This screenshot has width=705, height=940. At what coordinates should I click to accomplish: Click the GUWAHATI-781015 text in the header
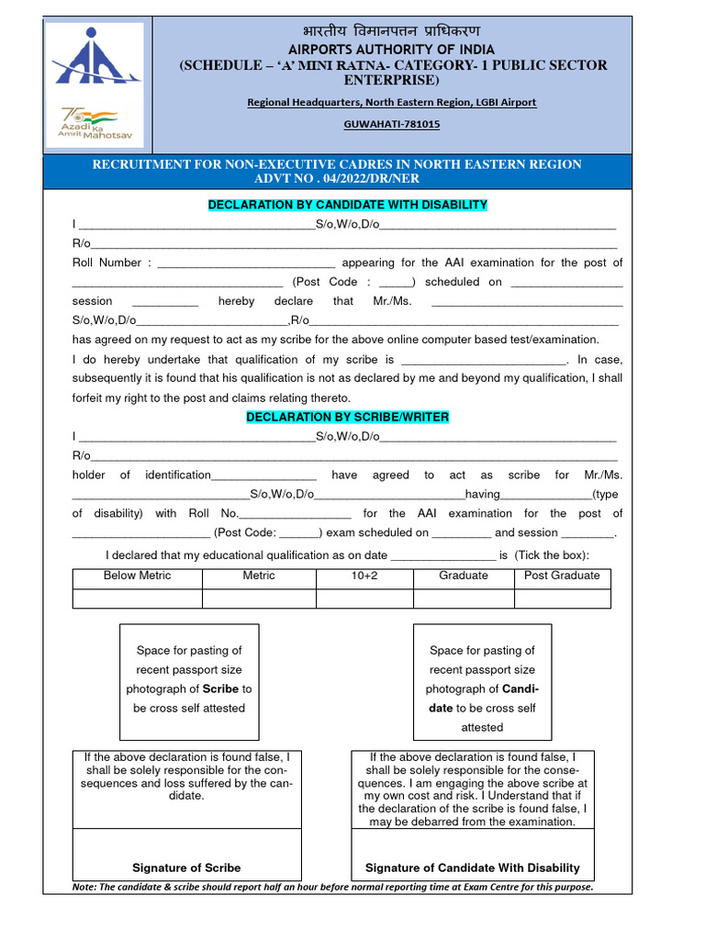pyautogui.click(x=391, y=123)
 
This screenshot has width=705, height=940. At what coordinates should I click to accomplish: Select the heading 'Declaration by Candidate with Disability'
pyautogui.click(x=347, y=205)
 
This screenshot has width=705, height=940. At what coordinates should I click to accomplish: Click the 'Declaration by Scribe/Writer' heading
pyautogui.click(x=347, y=418)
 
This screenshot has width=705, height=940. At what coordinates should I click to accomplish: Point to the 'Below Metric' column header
pyautogui.click(x=137, y=576)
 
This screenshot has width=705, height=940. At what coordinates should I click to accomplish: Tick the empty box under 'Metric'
pyautogui.click(x=258, y=599)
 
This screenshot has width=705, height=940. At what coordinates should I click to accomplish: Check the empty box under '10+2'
pyautogui.click(x=364, y=599)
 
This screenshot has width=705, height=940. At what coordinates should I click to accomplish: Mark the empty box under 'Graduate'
pyautogui.click(x=463, y=599)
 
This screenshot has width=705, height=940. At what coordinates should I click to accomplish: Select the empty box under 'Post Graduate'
pyautogui.click(x=562, y=599)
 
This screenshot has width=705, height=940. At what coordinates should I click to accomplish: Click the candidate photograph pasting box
pyautogui.click(x=482, y=681)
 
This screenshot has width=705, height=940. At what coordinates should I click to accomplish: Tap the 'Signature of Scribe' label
pyautogui.click(x=186, y=867)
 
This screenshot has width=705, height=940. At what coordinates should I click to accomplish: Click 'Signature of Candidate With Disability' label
pyautogui.click(x=473, y=867)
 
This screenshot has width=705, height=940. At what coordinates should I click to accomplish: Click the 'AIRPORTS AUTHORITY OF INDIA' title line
pyautogui.click(x=391, y=49)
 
